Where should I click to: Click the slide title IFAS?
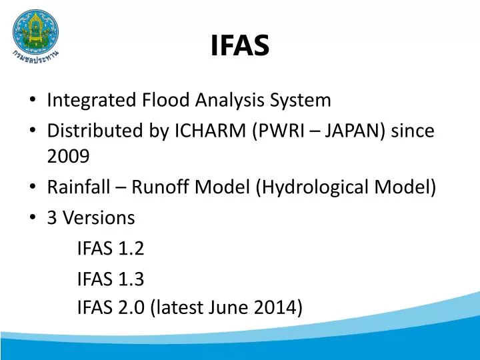point(240,45)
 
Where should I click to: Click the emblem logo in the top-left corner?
point(35,32)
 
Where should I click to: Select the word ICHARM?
point(211,131)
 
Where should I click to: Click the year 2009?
point(68,157)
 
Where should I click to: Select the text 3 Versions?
point(91,217)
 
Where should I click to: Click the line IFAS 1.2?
point(111,248)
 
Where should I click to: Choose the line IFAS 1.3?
point(111,278)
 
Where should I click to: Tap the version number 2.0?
point(134,307)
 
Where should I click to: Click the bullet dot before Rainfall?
point(33,188)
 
